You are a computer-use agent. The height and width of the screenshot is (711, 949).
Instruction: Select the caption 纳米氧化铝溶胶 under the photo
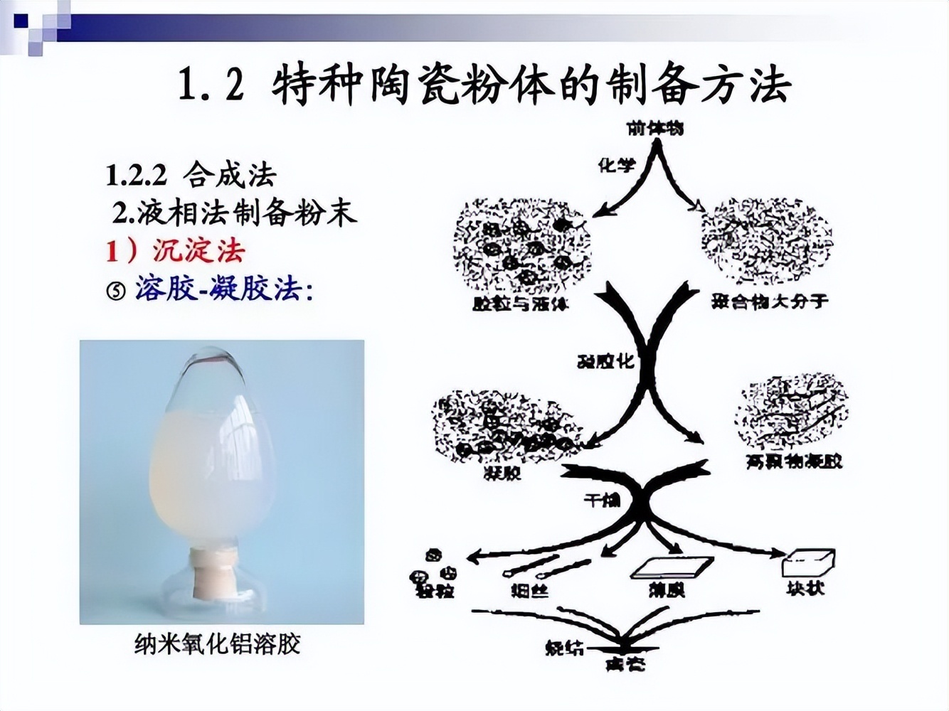[x=218, y=645]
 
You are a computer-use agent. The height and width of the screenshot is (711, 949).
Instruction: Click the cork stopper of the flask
[x=211, y=574]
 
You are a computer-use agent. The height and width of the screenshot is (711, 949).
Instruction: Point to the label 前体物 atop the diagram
[x=655, y=128]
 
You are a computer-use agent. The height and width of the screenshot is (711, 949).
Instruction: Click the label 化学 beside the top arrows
[x=616, y=166]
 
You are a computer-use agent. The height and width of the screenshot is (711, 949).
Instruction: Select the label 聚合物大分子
[x=770, y=301]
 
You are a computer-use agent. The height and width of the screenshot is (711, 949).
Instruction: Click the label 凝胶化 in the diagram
[x=605, y=361]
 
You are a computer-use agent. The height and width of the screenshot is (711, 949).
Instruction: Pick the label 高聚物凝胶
[x=794, y=461]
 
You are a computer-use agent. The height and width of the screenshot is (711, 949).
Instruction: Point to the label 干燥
[x=602, y=501]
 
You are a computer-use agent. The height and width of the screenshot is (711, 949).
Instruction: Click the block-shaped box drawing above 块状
[x=807, y=563]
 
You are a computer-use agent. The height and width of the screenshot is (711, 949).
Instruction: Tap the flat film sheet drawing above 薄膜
[x=672, y=567]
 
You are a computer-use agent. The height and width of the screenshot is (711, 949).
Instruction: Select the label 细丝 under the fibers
[x=530, y=589]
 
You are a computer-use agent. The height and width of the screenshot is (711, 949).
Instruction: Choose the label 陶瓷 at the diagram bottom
[x=625, y=664]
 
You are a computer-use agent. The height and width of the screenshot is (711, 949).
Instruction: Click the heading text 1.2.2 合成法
[x=191, y=175]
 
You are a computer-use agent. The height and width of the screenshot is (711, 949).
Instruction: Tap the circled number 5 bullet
[x=116, y=290]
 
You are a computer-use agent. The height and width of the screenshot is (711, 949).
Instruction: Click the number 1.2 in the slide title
[x=211, y=86]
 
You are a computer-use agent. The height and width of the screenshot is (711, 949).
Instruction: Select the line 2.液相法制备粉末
[x=235, y=213]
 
